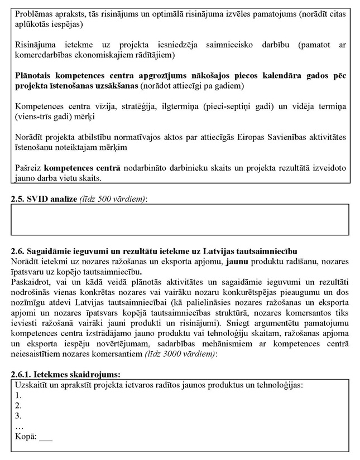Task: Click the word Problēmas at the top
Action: pos(33,12)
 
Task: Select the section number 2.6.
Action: pos(18,251)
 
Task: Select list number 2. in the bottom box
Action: pos(19,405)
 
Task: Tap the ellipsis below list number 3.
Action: pos(19,426)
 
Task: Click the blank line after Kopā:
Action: pos(46,437)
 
